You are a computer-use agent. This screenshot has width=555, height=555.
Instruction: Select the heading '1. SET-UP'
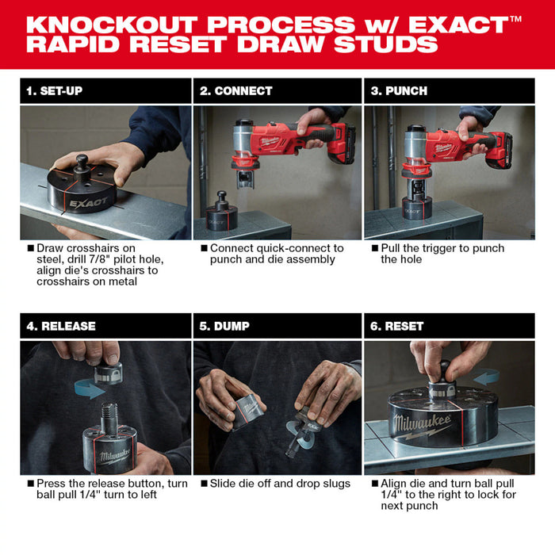pyautogui.click(x=54, y=91)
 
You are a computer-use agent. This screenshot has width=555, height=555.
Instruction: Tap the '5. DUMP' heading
pyautogui.click(x=226, y=326)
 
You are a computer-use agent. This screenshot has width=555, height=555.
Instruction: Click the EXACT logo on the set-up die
pyautogui.click(x=87, y=202)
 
